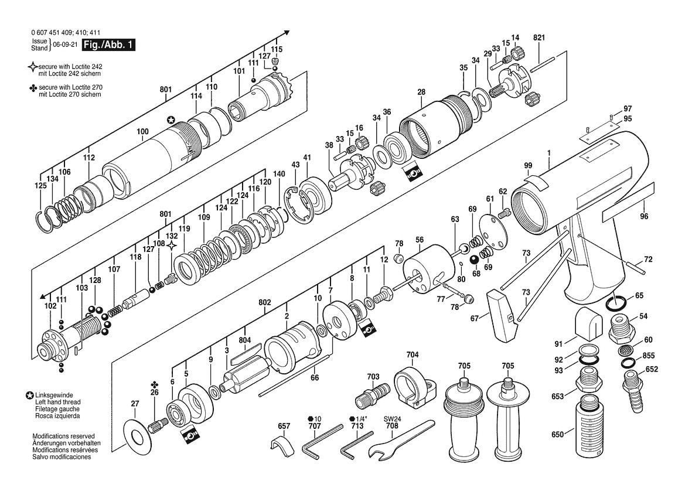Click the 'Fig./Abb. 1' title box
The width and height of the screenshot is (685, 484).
[x=109, y=45]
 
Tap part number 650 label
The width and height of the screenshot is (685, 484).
[x=557, y=435]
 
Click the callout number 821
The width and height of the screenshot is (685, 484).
[x=539, y=38]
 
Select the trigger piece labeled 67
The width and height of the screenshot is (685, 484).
[x=500, y=315]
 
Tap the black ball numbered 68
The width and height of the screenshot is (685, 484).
[x=475, y=260]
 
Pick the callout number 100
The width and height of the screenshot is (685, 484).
[x=142, y=131]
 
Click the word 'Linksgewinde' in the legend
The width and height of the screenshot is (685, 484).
[x=54, y=395]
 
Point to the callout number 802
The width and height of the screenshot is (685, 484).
[x=265, y=302]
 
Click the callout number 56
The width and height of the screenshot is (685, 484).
[x=420, y=240]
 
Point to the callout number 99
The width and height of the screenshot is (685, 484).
[x=528, y=166]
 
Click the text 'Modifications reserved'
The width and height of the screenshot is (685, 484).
[x=63, y=436]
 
